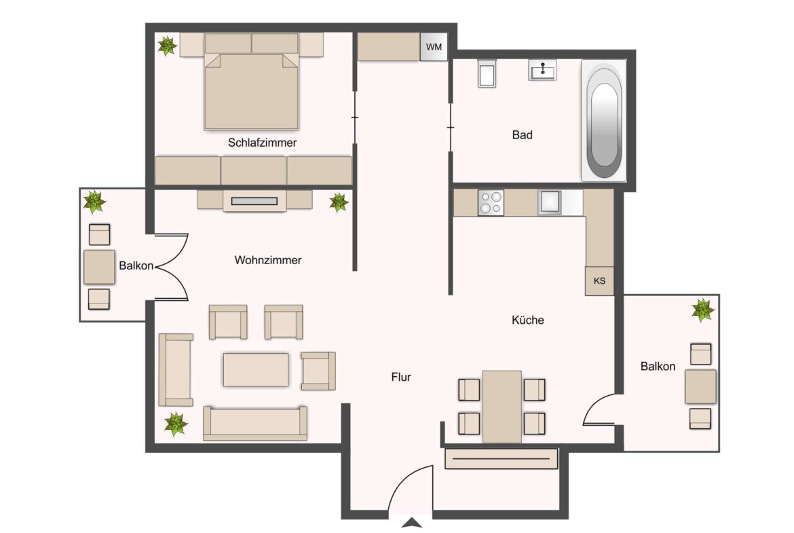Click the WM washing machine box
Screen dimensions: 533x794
click(434, 47)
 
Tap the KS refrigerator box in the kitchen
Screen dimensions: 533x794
click(599, 281)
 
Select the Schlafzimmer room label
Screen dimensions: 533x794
click(263, 143)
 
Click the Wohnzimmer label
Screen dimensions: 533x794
click(267, 260)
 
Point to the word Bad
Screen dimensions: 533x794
click(522, 135)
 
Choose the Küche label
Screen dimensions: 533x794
click(527, 320)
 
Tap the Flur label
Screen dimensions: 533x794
click(401, 377)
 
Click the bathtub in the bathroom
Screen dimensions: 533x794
click(604, 121)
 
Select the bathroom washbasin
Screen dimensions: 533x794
click(543, 71)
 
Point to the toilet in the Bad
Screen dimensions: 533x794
click(487, 74)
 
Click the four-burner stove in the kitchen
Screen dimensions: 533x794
click(491, 202)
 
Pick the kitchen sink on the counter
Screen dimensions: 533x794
click(550, 202)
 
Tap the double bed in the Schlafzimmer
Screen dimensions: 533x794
click(252, 92)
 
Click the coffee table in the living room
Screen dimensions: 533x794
click(256, 370)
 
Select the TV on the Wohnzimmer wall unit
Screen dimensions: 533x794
click(254, 201)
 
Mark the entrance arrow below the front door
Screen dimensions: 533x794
click(412, 522)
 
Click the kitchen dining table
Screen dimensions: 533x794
click(502, 406)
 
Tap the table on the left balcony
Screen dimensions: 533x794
click(99, 267)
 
